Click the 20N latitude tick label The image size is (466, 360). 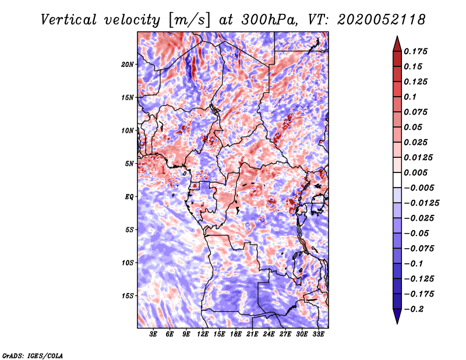coord(128,65)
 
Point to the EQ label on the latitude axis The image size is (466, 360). coord(129,197)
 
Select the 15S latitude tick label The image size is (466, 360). coord(128,296)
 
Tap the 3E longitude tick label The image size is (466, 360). coord(153,334)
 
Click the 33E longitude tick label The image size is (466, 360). coord(318,334)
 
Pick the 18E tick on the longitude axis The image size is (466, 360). coord(236,334)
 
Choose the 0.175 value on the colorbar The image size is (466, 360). coord(415,51)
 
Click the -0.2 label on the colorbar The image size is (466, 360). coord(414,309)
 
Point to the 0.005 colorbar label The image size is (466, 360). coord(415,172)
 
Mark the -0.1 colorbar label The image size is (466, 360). coord(413,264)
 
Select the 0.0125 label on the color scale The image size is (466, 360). coord(418,157)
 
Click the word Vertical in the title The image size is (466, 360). coord(69,20)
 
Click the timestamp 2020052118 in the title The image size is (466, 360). coord(381,20)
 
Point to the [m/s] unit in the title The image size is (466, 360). coord(189,20)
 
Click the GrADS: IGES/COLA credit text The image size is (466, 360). coord(33,355)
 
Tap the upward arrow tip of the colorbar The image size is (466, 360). coord(397,36)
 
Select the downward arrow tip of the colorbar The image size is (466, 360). coord(397,323)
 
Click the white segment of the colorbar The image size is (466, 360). coord(397,180)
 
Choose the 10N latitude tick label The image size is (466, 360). coord(128,130)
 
